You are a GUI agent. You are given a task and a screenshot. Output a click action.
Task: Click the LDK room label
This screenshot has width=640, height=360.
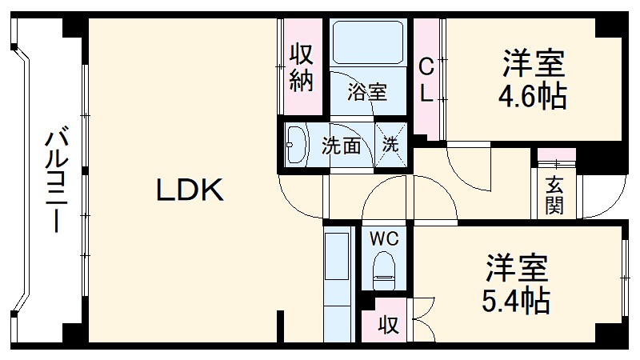[x=190, y=190]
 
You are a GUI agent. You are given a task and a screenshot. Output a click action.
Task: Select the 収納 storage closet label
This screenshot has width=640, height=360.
[x=302, y=68]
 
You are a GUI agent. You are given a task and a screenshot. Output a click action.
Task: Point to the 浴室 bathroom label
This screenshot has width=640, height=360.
[x=367, y=92]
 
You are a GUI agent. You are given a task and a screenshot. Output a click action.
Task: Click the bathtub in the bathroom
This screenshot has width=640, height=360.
[x=368, y=42]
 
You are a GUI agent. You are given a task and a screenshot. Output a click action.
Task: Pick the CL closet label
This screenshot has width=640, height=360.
[x=426, y=80]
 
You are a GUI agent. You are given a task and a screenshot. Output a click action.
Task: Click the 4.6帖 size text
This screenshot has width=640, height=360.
[x=532, y=96]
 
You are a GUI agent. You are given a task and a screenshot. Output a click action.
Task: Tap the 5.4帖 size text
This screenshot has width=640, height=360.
[x=516, y=301]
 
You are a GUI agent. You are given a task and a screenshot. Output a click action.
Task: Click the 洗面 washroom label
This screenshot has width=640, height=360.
[x=342, y=146]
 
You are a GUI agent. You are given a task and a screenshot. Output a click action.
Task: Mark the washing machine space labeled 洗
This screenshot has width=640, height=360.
[x=390, y=145]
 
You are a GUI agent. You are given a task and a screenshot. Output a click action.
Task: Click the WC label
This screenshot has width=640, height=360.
[x=384, y=238]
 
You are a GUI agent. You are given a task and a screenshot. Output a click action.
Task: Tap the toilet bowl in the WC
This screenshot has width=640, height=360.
[x=384, y=270]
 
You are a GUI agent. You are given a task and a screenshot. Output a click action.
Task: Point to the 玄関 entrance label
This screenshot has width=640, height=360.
[x=554, y=195]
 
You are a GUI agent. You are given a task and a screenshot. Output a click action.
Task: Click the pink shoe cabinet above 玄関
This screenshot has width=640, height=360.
[x=557, y=154]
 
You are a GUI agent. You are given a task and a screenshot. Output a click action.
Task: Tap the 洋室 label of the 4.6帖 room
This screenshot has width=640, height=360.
[x=534, y=63]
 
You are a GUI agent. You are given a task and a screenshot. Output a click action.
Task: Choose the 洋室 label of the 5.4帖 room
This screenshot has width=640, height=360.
[x=516, y=268]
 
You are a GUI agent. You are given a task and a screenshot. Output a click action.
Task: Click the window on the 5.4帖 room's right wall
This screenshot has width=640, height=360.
[x=626, y=278]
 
